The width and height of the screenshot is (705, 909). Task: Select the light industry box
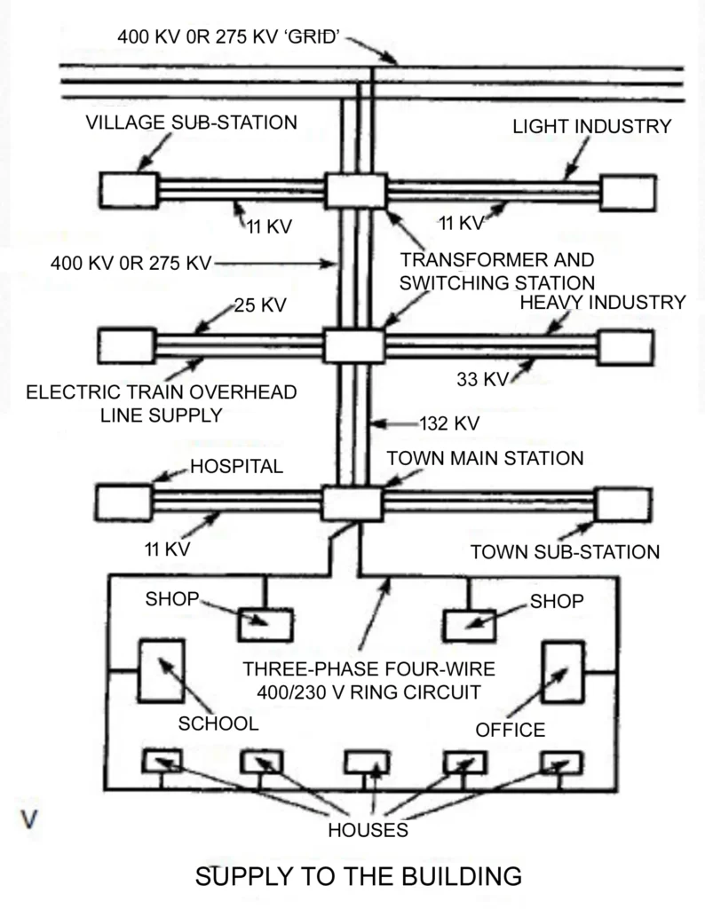pyautogui.click(x=628, y=193)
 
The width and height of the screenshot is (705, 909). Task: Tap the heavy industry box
pyautogui.click(x=626, y=347)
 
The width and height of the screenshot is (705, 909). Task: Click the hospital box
pyautogui.click(x=124, y=502)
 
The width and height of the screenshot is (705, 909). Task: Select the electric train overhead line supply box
pyautogui.click(x=126, y=346)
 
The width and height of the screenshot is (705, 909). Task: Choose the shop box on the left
pyautogui.click(x=265, y=624)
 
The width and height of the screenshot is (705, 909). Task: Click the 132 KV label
pyautogui.click(x=448, y=423)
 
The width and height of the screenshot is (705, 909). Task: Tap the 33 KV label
pyautogui.click(x=482, y=379)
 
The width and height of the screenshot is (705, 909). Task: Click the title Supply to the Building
pyautogui.click(x=358, y=876)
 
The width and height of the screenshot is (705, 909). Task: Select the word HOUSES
pyautogui.click(x=368, y=831)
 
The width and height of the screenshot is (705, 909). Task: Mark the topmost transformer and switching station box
pyautogui.click(x=356, y=191)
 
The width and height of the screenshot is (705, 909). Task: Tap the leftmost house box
pyautogui.click(x=162, y=761)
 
